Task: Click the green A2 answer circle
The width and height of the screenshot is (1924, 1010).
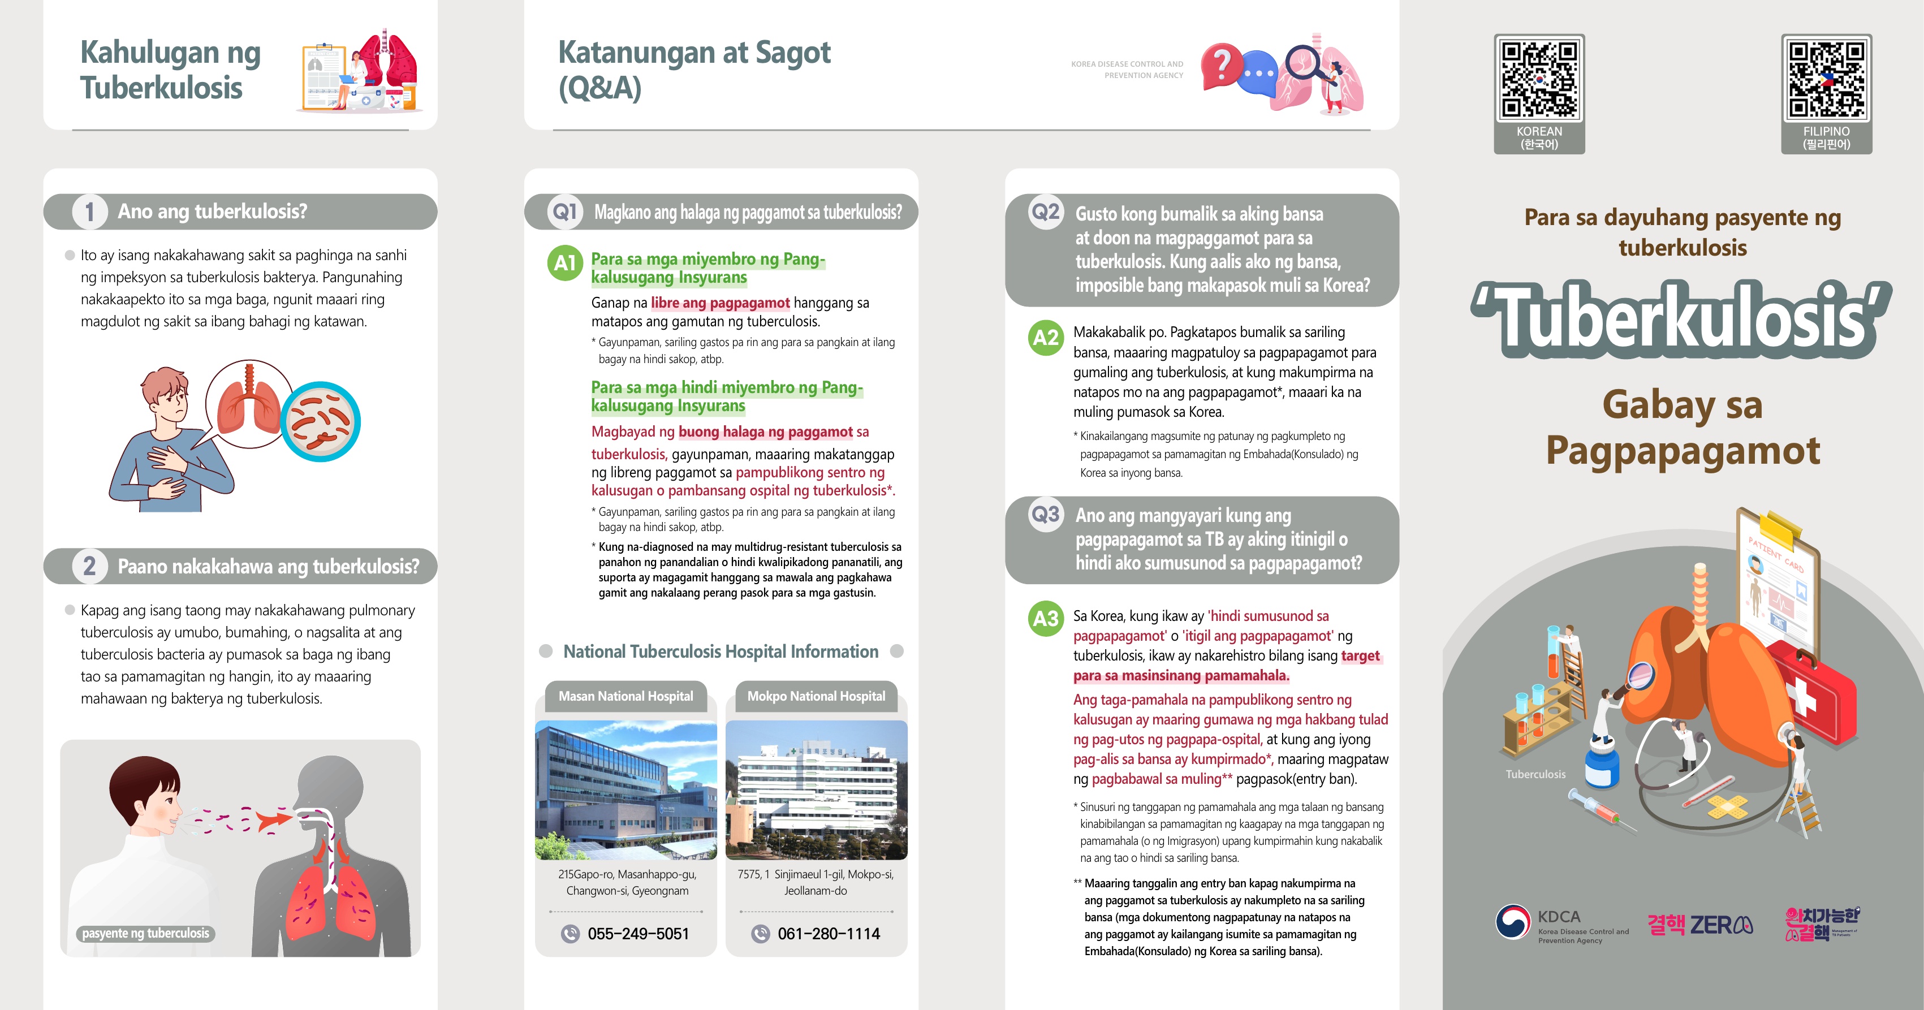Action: [x=1046, y=338]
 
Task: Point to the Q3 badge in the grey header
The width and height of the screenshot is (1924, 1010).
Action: [x=1046, y=515]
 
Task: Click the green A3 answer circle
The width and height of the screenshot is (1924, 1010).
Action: [x=1046, y=619]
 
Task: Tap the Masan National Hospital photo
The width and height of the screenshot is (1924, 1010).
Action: [x=626, y=789]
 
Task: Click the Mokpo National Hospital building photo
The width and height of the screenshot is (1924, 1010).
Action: [x=816, y=789]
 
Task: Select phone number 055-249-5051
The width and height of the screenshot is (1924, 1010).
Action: [x=638, y=934]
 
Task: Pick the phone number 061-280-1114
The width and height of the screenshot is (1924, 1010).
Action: [x=829, y=934]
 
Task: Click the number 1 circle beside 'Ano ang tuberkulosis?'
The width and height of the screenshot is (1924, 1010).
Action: [x=89, y=212]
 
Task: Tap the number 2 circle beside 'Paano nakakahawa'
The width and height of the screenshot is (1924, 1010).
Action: [x=89, y=566]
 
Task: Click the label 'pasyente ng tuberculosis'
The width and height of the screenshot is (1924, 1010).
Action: [x=146, y=933]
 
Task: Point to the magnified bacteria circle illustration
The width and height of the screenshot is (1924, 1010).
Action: [x=321, y=421]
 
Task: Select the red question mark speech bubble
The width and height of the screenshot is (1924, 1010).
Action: [x=1220, y=66]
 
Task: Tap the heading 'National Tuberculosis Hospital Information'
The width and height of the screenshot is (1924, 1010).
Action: [x=721, y=651]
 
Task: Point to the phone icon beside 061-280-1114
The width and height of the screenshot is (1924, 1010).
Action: [x=760, y=934]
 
